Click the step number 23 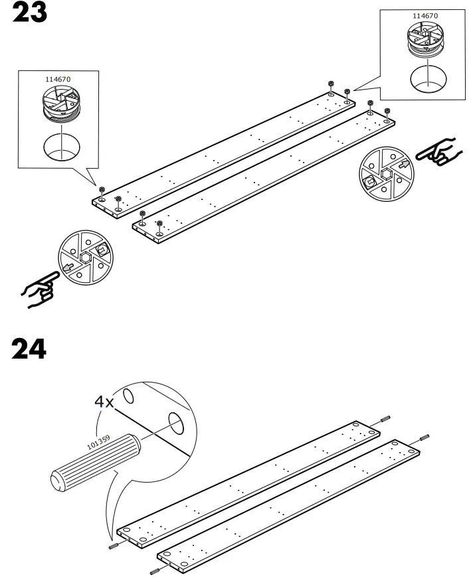(x=30, y=12)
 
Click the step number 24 (x=29, y=349)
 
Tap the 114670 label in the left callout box (x=58, y=79)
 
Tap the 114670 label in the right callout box (x=425, y=16)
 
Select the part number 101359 (x=98, y=442)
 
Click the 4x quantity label (x=104, y=402)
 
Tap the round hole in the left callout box (x=62, y=147)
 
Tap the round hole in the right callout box (x=428, y=80)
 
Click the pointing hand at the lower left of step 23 (x=41, y=289)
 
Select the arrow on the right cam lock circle (x=404, y=164)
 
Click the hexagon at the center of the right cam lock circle (x=387, y=174)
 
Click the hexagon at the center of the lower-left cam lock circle (x=85, y=258)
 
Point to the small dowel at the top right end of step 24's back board (x=385, y=419)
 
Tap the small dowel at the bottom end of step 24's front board (x=155, y=572)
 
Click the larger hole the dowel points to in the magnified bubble (x=176, y=423)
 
